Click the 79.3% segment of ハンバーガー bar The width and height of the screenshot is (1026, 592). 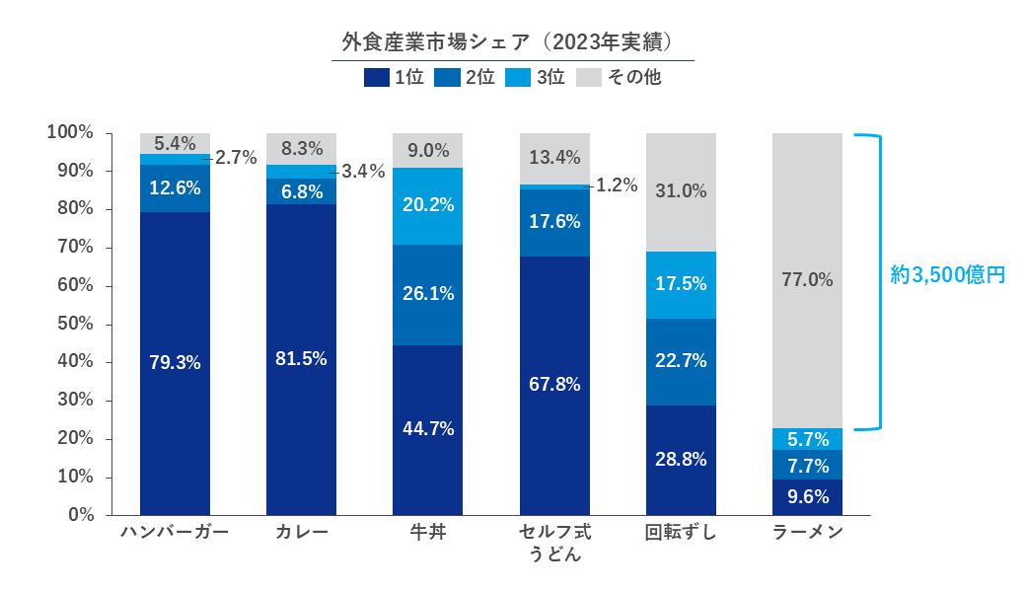[175, 362]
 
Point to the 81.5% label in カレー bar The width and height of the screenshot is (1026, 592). [301, 358]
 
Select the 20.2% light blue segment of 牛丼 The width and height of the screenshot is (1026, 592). [428, 205]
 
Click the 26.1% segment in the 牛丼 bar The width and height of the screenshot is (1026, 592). [428, 294]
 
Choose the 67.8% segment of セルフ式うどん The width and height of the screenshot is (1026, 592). [554, 384]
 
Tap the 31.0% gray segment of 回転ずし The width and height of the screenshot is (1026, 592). [681, 191]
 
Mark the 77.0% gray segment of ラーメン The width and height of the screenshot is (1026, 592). [807, 280]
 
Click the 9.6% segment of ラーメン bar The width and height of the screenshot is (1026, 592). [807, 497]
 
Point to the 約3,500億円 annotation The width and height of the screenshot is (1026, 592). [947, 275]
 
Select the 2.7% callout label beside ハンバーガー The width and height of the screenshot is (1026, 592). [236, 157]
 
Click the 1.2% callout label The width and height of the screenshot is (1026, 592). [617, 185]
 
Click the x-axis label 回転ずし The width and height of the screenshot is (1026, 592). [681, 533]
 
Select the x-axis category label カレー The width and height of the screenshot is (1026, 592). [301, 533]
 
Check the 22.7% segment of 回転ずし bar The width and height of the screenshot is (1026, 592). [681, 361]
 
